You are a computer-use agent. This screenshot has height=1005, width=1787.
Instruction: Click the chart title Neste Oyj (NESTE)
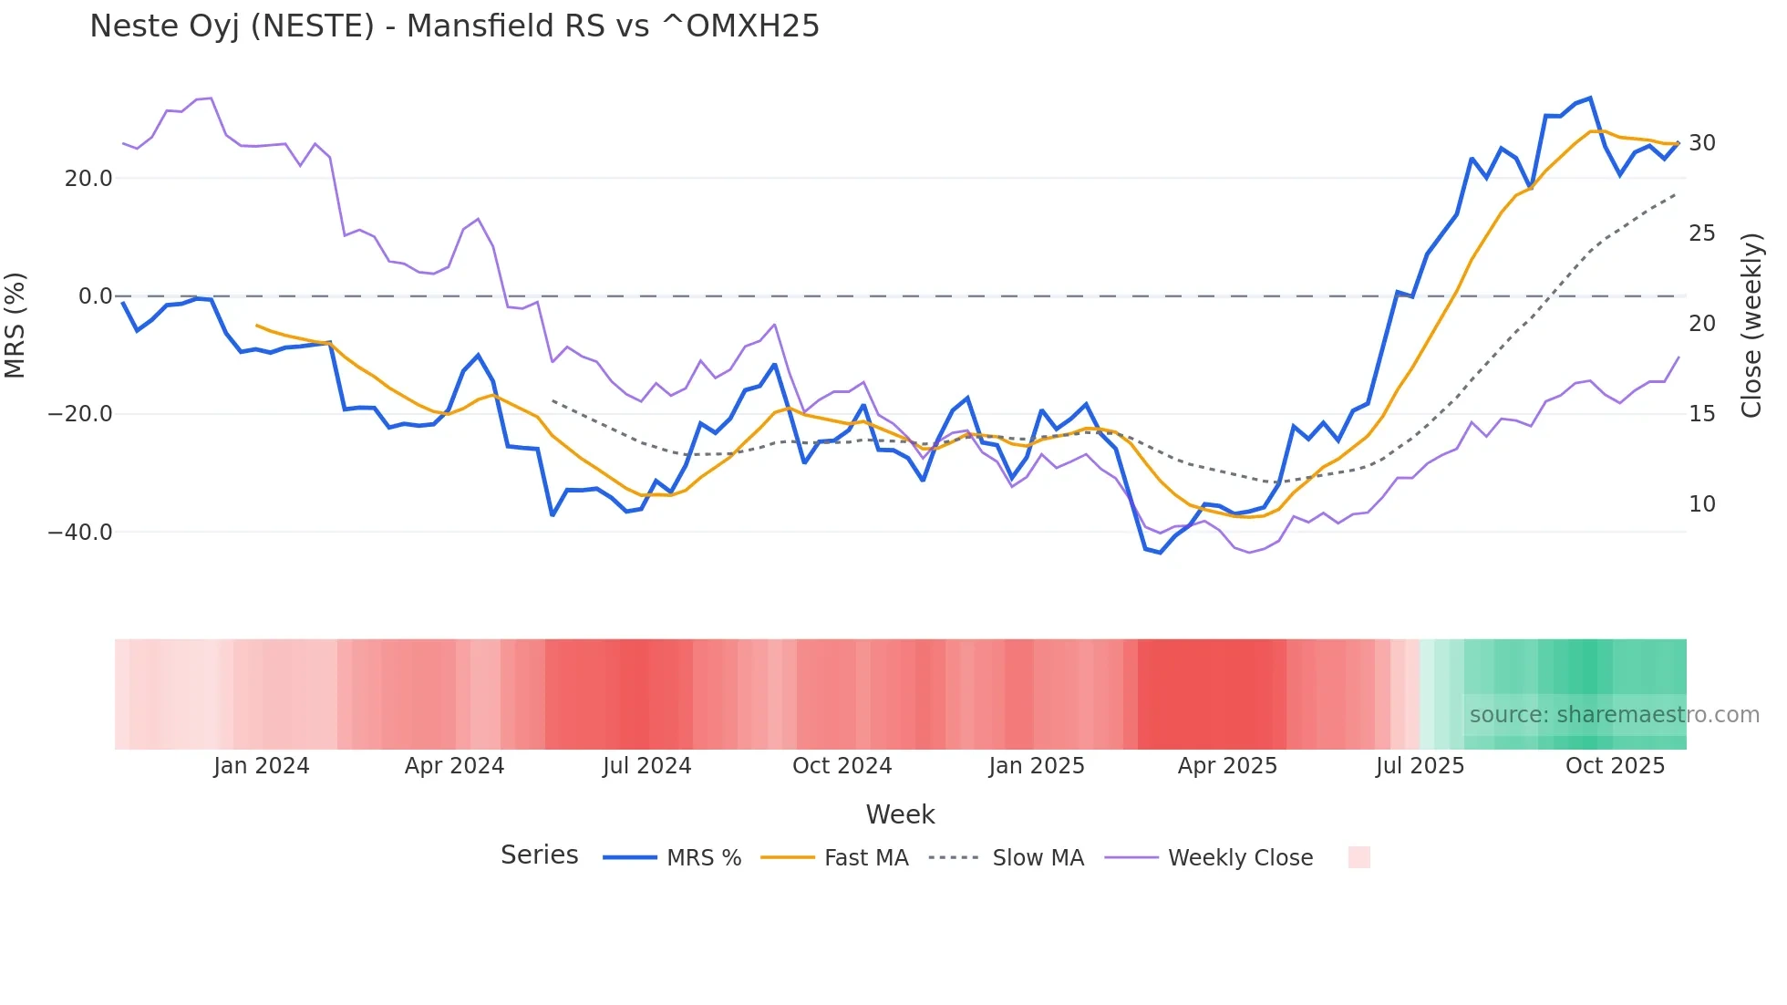[454, 26]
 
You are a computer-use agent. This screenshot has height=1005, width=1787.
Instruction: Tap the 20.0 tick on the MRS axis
[88, 179]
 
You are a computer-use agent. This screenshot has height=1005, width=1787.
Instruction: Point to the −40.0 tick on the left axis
[80, 533]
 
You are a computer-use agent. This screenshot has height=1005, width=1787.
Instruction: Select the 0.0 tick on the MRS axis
[96, 296]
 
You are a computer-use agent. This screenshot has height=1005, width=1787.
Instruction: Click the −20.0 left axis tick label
[80, 414]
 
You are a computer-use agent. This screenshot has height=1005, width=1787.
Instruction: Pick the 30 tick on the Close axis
[1701, 143]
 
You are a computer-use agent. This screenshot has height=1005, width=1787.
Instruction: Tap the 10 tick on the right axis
[1701, 504]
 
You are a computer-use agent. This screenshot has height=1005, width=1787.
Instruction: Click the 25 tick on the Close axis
[1701, 233]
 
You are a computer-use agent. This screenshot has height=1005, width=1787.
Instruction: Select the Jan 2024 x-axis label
[262, 766]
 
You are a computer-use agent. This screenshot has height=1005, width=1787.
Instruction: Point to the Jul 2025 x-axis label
[1420, 766]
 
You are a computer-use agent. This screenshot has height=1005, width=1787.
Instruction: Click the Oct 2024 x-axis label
[842, 766]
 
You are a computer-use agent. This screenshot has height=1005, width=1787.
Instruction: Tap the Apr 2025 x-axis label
[1227, 766]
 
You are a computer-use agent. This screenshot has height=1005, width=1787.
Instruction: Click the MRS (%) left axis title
[15, 325]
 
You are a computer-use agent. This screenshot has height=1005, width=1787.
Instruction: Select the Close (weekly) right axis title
[1751, 326]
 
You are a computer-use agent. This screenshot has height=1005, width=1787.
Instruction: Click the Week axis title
[900, 814]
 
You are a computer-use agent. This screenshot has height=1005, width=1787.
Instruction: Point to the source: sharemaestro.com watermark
[1614, 715]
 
